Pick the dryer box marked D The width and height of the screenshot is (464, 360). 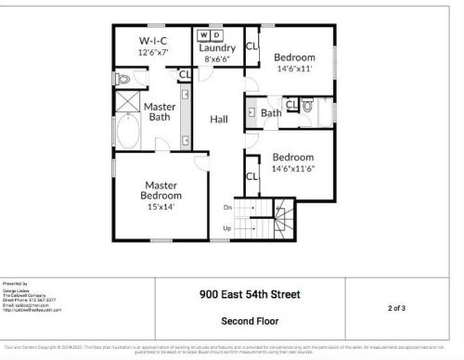pos(219,35)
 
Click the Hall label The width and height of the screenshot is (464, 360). pos(219,120)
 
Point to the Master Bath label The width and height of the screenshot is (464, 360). pos(160,111)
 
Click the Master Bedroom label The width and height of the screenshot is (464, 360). pos(161,189)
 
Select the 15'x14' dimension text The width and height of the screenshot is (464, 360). pos(160,207)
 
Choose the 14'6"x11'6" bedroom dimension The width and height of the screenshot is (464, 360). pos(292,169)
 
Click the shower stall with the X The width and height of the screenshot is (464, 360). pos(127,102)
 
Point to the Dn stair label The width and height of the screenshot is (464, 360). pos(227,207)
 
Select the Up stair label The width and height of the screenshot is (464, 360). pos(227,227)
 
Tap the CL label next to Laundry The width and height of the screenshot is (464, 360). pos(251,45)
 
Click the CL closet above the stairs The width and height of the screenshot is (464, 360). pos(251,176)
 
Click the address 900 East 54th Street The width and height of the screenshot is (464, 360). pos(251,296)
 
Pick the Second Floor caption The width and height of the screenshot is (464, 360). pos(251,321)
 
